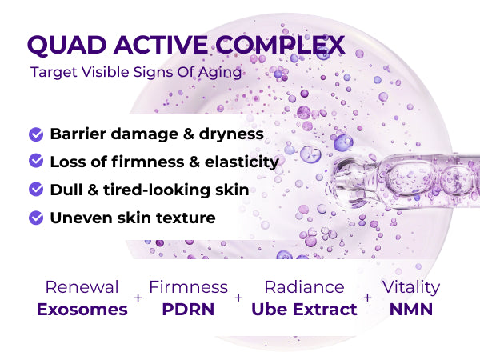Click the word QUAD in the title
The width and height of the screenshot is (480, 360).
coord(66,46)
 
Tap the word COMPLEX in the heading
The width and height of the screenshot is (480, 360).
coord(280,45)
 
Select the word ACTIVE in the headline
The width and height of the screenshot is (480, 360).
coord(161,45)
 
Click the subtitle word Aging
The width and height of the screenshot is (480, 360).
coord(220,73)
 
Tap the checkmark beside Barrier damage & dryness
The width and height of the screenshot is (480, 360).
coord(36,134)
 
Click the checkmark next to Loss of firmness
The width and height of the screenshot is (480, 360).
coord(36,161)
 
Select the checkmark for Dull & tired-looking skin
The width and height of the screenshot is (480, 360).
coord(36,189)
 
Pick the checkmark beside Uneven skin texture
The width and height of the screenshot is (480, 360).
coord(36,218)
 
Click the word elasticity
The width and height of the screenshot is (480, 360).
coord(242,162)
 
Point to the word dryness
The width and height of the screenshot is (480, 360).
coord(231,134)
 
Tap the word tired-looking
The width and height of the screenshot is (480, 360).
coord(157,190)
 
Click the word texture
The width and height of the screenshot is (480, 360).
coord(186,218)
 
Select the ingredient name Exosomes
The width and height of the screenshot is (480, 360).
coord(82,309)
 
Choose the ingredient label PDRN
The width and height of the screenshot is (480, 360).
coord(188,309)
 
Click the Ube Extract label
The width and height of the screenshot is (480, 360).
coord(304,309)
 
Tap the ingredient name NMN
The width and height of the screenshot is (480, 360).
coord(411,309)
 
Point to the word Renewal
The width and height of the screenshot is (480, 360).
coord(82,287)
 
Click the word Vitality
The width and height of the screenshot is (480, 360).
coord(411,288)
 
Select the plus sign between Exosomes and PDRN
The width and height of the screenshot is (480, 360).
coord(138,298)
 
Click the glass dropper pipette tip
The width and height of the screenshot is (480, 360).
coord(338,179)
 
